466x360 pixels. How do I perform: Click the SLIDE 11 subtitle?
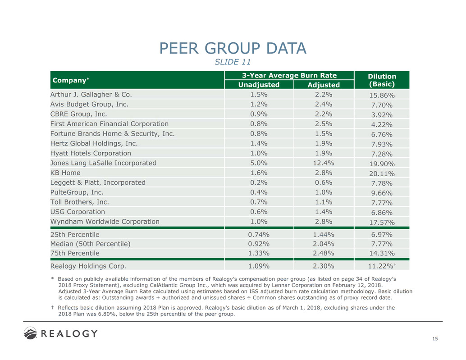[233, 61]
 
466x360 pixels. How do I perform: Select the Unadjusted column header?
[259, 85]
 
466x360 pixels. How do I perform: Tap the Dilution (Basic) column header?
[382, 80]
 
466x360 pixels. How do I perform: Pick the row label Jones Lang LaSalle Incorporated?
[103, 163]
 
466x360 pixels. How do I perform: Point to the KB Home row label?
[65, 173]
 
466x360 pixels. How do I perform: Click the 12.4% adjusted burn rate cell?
[323, 163]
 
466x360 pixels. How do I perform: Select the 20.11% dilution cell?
[382, 173]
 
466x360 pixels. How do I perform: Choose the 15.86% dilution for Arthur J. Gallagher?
[382, 96]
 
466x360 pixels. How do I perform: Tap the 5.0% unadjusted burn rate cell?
[259, 163]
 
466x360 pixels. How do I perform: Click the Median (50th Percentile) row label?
[91, 244]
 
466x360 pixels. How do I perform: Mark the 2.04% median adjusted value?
[323, 244]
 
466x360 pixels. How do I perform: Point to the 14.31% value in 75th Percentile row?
[382, 253]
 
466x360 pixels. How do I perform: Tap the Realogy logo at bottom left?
[60, 334]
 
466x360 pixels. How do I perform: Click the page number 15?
[435, 339]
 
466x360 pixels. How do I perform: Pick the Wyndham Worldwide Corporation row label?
[105, 221]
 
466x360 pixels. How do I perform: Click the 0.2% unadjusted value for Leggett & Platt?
[259, 182]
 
